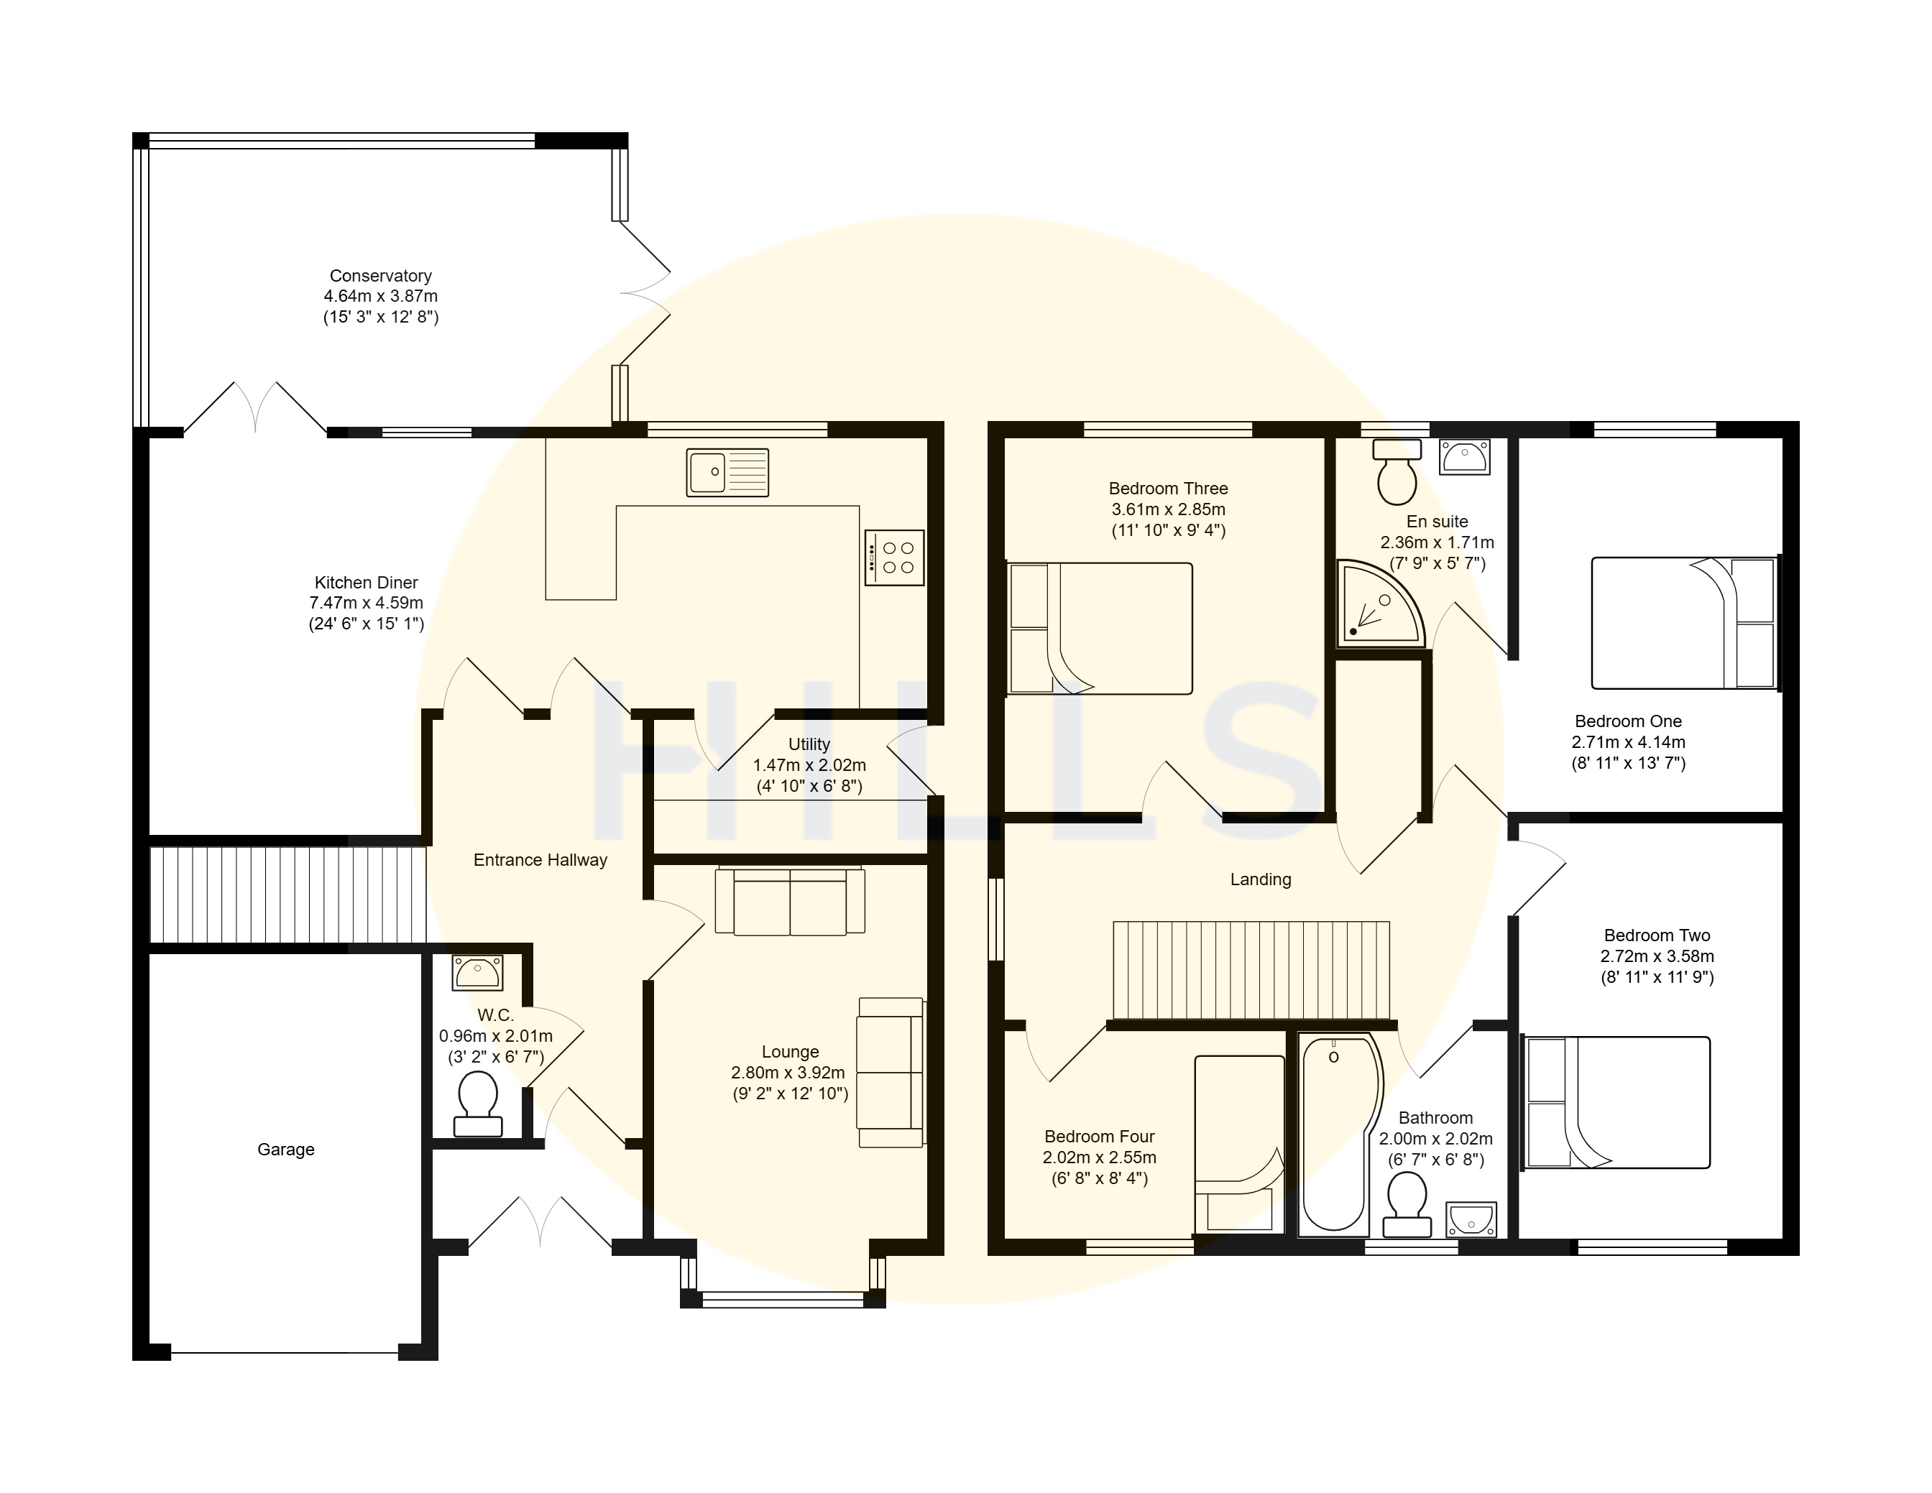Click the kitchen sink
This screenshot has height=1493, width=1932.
tap(727, 472)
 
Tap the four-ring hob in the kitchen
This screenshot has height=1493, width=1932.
tap(894, 558)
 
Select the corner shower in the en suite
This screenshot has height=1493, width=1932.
tap(1381, 602)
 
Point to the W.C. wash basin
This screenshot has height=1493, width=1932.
tap(478, 972)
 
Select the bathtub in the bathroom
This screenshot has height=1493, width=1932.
tap(1338, 1134)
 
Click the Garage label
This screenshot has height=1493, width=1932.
tap(286, 1150)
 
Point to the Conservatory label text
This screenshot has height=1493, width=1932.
tap(380, 276)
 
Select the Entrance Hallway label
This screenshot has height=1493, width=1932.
tap(540, 860)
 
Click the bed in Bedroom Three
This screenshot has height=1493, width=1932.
tap(1100, 628)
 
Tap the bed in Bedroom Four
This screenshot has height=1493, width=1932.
tap(1239, 1145)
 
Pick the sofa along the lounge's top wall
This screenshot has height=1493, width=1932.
tap(790, 901)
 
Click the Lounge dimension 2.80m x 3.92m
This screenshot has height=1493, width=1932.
tap(788, 1073)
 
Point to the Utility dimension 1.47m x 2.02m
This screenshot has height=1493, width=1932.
tap(809, 765)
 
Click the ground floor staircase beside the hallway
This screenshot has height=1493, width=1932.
tap(288, 895)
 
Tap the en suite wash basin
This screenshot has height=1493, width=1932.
tap(1465, 456)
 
